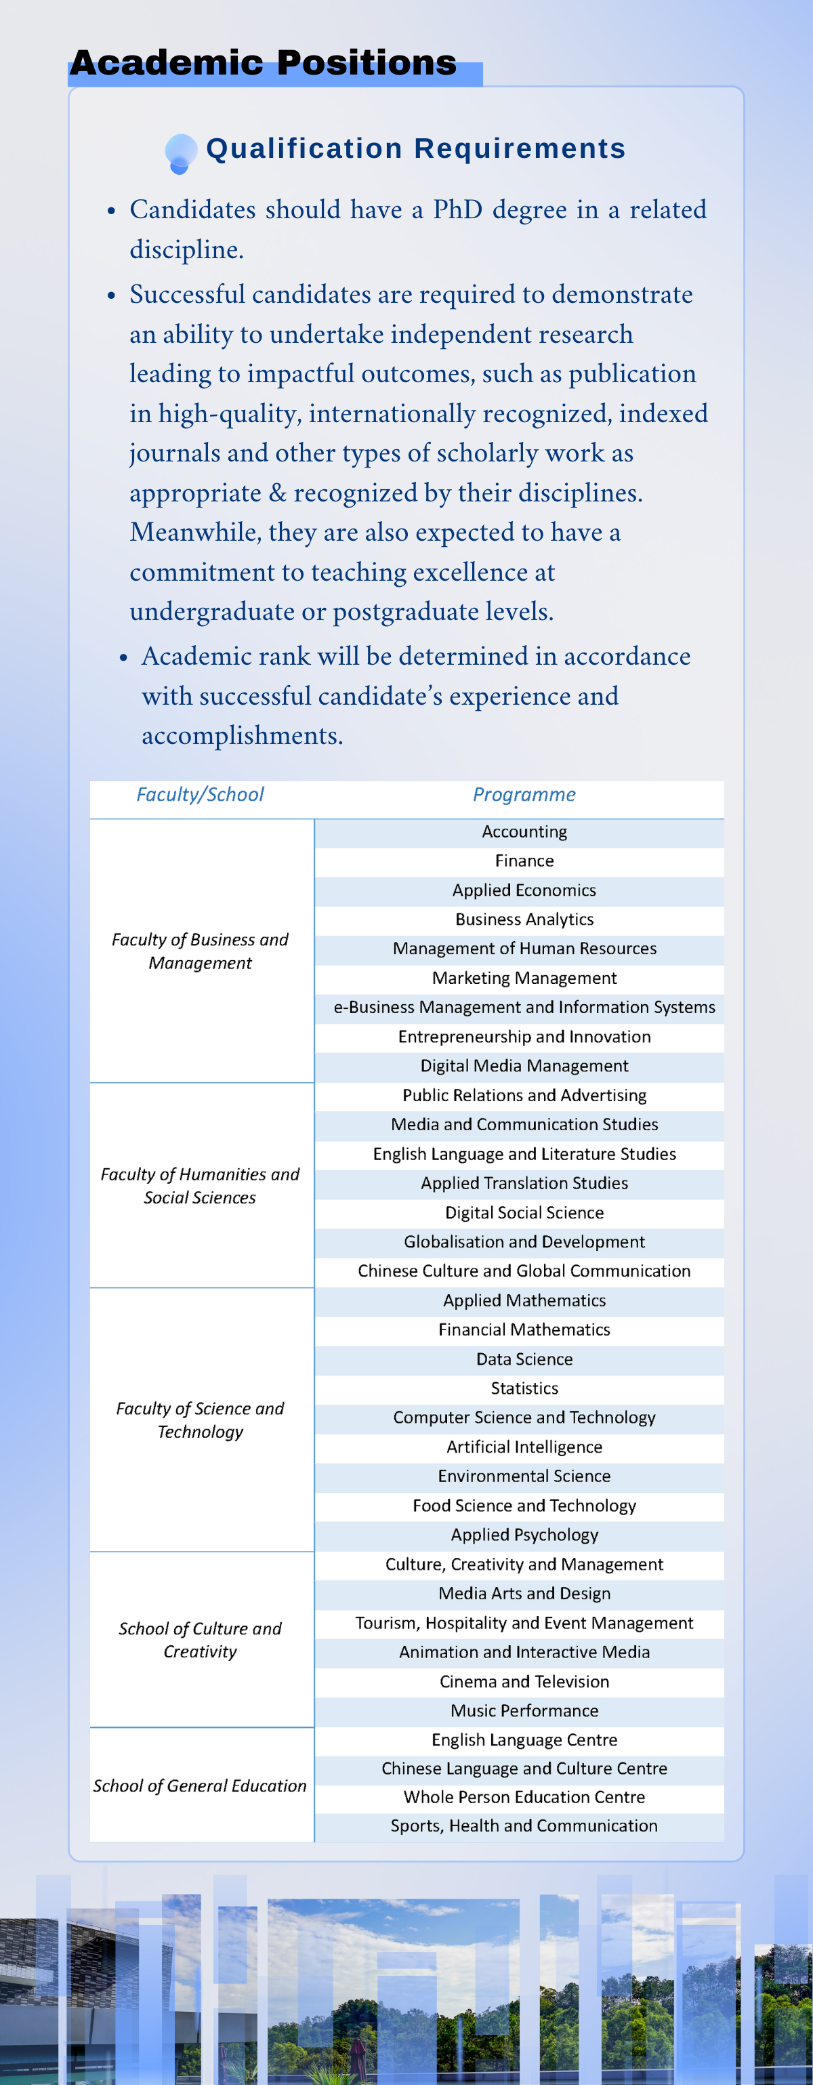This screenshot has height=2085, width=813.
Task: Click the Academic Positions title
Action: pyautogui.click(x=263, y=63)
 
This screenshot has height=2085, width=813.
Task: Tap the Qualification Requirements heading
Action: pyautogui.click(x=416, y=149)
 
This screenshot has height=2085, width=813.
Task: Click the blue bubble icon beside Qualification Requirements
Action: pyautogui.click(x=180, y=152)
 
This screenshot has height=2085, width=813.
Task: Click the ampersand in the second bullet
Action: pyautogui.click(x=278, y=493)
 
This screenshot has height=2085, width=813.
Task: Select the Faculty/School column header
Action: pyautogui.click(x=200, y=795)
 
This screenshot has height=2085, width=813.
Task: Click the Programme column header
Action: pyautogui.click(x=524, y=795)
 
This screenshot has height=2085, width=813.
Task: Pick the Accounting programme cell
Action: pyautogui.click(x=524, y=832)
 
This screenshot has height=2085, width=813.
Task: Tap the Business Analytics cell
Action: pyautogui.click(x=524, y=920)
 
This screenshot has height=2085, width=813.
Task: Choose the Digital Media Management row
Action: pyautogui.click(x=524, y=1066)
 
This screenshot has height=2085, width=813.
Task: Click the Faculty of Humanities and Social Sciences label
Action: pyautogui.click(x=200, y=1186)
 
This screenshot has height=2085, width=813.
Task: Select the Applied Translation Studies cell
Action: pyautogui.click(x=524, y=1183)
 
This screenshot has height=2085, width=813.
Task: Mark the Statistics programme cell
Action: pyautogui.click(x=524, y=1388)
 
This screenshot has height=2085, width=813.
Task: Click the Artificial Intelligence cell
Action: pyautogui.click(x=524, y=1447)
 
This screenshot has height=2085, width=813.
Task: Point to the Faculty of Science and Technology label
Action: pyautogui.click(x=200, y=1420)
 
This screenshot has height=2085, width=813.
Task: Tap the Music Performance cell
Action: pyautogui.click(x=524, y=1710)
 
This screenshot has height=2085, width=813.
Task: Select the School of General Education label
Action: pyautogui.click(x=200, y=1785)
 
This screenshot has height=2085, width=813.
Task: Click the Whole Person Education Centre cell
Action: pyautogui.click(x=524, y=1797)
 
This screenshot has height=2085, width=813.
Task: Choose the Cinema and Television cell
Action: pyautogui.click(x=524, y=1681)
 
